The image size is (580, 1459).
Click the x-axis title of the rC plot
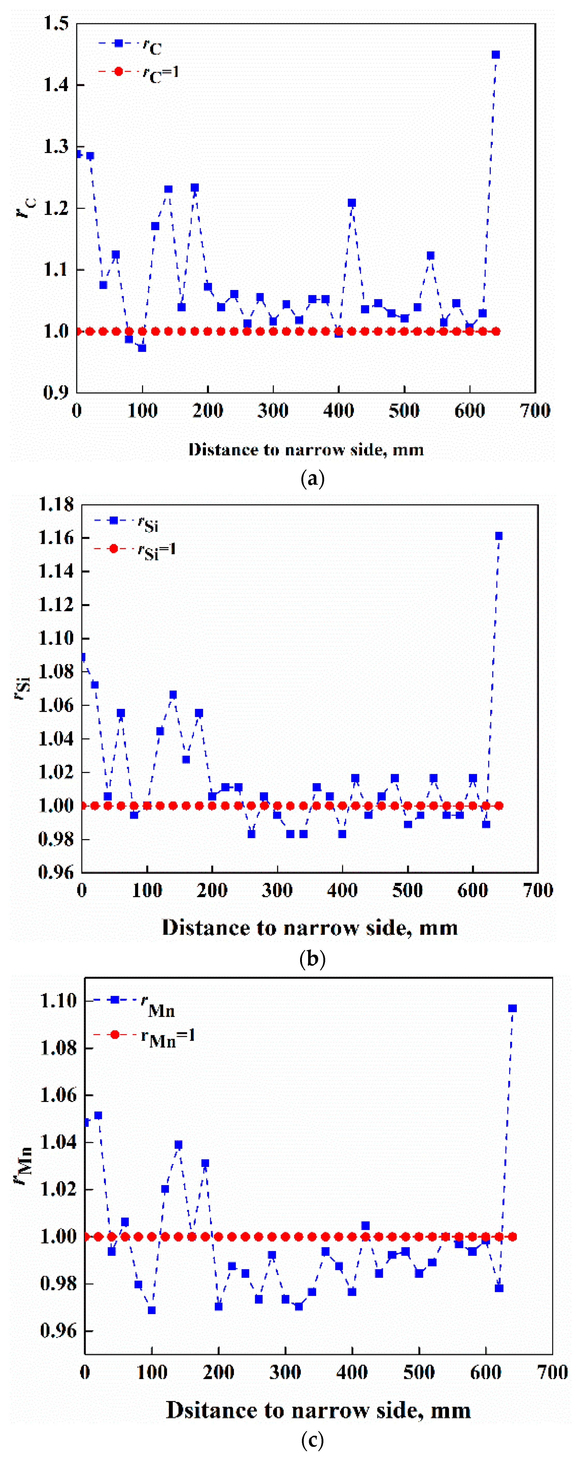tap(306, 450)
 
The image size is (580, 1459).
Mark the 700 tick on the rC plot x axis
tap(535, 411)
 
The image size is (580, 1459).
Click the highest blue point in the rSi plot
tap(499, 536)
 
